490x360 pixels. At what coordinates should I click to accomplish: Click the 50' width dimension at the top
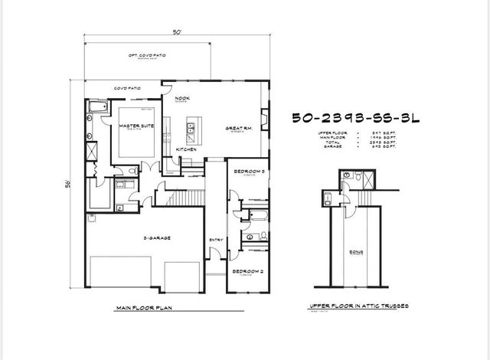[176, 33]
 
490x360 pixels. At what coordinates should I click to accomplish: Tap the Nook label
[181, 99]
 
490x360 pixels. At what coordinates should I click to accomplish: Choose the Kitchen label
[186, 149]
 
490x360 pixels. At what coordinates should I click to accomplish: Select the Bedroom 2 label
[248, 271]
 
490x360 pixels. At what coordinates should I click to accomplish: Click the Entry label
[215, 241]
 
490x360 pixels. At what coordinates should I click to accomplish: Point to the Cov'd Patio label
[126, 88]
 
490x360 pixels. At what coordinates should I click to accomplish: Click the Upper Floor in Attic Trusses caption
[358, 305]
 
